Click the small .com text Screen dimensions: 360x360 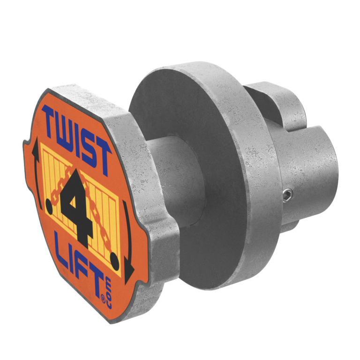108,300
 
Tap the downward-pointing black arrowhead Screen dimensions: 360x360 129,271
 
